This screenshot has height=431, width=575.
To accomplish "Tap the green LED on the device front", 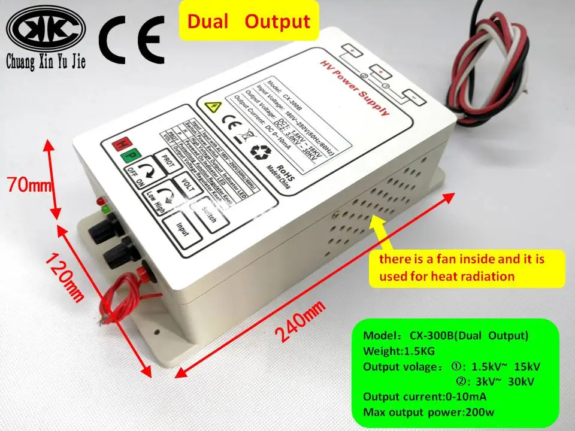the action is (104, 210).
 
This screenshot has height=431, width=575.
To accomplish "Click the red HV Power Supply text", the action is (353, 89).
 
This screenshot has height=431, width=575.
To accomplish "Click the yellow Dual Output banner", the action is (249, 22).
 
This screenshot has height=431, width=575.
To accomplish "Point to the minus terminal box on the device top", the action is (411, 95).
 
